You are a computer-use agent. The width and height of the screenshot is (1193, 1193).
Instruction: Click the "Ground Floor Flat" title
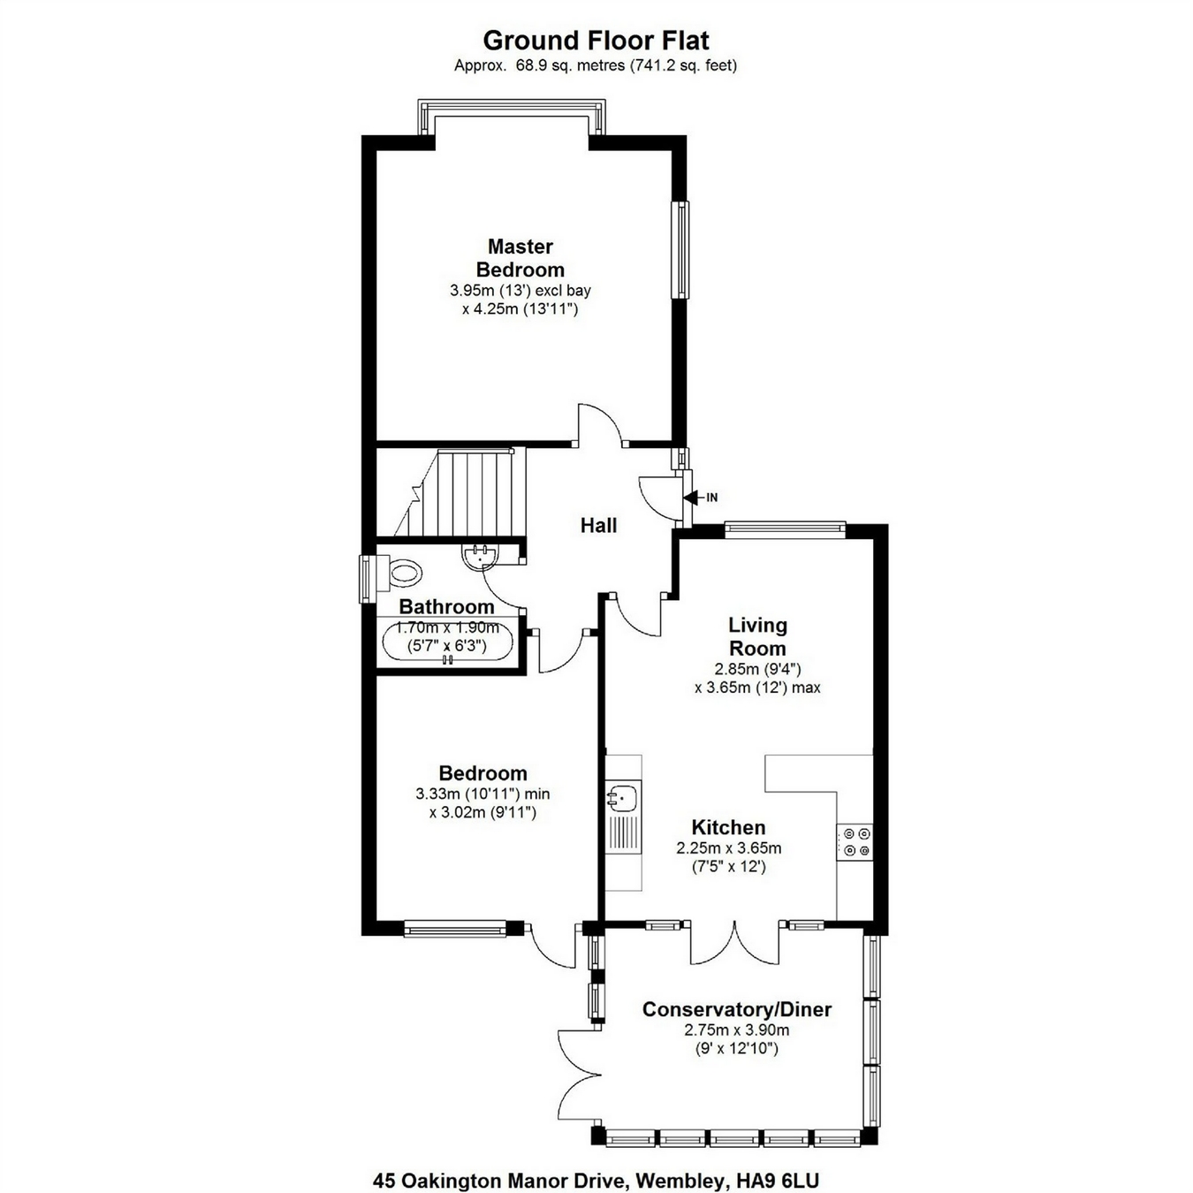(x=596, y=41)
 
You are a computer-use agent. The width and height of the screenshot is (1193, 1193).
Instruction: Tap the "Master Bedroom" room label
(x=520, y=258)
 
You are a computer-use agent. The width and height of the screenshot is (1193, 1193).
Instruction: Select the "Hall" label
(x=598, y=526)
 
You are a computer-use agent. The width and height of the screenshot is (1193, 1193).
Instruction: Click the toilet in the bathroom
(x=402, y=573)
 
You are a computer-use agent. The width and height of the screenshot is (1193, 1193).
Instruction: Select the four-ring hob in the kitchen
(x=855, y=841)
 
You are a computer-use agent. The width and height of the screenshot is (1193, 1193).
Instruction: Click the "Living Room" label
(x=757, y=636)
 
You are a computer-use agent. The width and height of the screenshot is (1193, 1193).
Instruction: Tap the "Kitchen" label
(x=728, y=828)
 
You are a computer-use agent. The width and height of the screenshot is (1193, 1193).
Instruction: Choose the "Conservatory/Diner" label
(x=736, y=1009)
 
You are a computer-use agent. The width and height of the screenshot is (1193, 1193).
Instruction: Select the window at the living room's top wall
(x=785, y=528)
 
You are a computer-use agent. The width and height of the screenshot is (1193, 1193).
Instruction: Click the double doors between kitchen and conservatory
(x=734, y=944)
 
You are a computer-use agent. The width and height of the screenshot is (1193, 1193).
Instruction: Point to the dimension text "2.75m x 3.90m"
(x=736, y=1030)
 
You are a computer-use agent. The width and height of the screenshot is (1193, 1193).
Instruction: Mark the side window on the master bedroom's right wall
(x=680, y=250)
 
